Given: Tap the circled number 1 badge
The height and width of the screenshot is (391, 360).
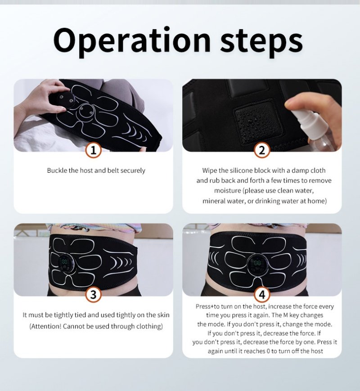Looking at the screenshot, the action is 93,150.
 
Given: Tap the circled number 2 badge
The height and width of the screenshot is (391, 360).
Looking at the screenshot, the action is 262,150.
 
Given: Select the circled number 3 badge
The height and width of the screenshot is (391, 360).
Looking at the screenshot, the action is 93,295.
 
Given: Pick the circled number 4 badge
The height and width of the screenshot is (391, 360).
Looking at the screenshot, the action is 262,295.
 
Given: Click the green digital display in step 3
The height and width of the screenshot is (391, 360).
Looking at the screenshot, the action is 65,262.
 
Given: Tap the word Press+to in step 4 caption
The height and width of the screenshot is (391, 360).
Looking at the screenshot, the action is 207,306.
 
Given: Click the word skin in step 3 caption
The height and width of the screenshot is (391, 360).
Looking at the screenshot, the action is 163,315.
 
